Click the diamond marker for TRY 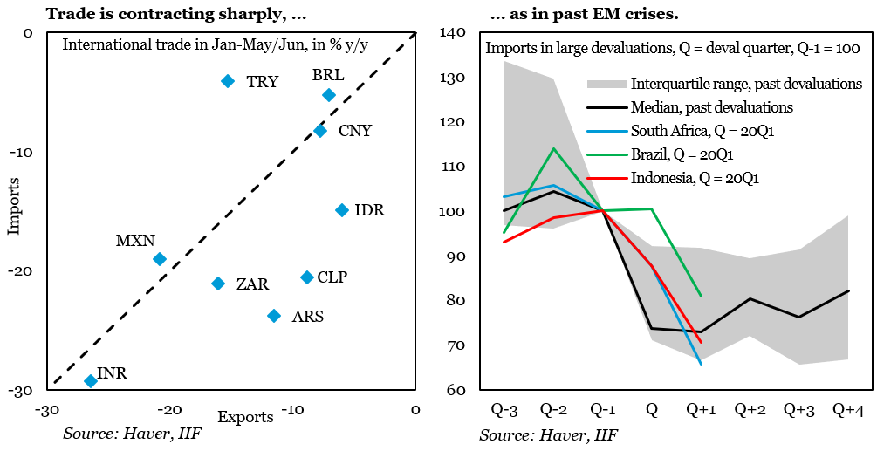coord(228,81)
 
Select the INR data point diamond coord(90,380)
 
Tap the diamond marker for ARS coord(274,316)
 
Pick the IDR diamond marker coord(342,210)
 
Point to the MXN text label coord(134,240)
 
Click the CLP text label coord(332,277)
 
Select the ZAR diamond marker coord(218,284)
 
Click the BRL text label coord(328,75)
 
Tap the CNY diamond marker coord(320,131)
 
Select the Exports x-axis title coord(245,417)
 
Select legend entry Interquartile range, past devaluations coord(746,84)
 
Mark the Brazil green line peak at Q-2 coord(554,148)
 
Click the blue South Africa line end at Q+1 coord(701,364)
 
